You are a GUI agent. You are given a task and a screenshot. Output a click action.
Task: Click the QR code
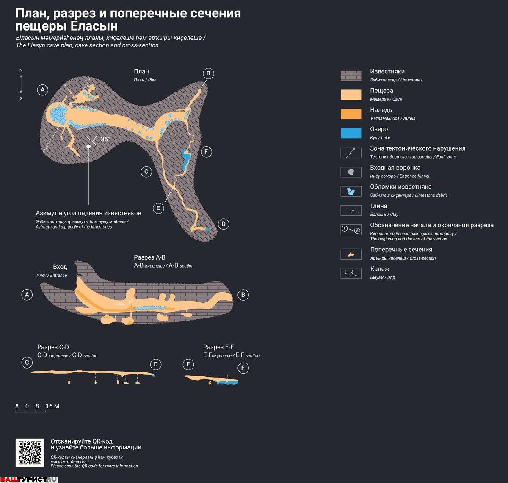click(x=30, y=453)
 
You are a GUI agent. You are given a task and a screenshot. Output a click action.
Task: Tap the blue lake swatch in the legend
click(x=351, y=133)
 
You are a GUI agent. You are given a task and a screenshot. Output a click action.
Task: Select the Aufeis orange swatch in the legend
click(x=351, y=114)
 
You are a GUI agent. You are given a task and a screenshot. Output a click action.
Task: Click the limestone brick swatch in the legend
click(x=351, y=76)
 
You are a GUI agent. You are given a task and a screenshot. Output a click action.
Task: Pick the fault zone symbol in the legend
click(x=351, y=153)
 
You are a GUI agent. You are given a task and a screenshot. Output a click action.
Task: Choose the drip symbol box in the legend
click(x=351, y=273)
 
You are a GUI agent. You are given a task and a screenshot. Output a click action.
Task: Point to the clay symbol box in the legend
click(x=351, y=210)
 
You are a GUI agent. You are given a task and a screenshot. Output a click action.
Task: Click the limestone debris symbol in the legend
click(x=351, y=191)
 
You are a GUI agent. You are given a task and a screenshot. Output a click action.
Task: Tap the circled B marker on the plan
click(x=208, y=73)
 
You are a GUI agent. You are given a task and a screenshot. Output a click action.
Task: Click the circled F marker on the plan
click(x=206, y=152)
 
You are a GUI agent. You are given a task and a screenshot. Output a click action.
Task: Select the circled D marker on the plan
click(x=223, y=224)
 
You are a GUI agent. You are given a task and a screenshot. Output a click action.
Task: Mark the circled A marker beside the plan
click(x=42, y=89)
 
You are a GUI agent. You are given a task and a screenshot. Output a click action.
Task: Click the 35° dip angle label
click(x=105, y=139)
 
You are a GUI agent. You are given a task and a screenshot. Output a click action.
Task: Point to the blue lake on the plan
click(x=185, y=159)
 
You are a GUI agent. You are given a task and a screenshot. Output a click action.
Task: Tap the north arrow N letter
click(x=21, y=70)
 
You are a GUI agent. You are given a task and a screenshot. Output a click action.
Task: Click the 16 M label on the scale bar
click(x=52, y=406)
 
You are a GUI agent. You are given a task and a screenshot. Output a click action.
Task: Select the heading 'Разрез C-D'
click(x=53, y=347)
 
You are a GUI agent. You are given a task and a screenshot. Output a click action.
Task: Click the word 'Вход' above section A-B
click(x=60, y=267)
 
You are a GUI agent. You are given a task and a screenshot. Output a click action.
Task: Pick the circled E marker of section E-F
click(x=188, y=364)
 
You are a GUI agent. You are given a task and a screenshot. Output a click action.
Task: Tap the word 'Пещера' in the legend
click(x=381, y=91)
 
